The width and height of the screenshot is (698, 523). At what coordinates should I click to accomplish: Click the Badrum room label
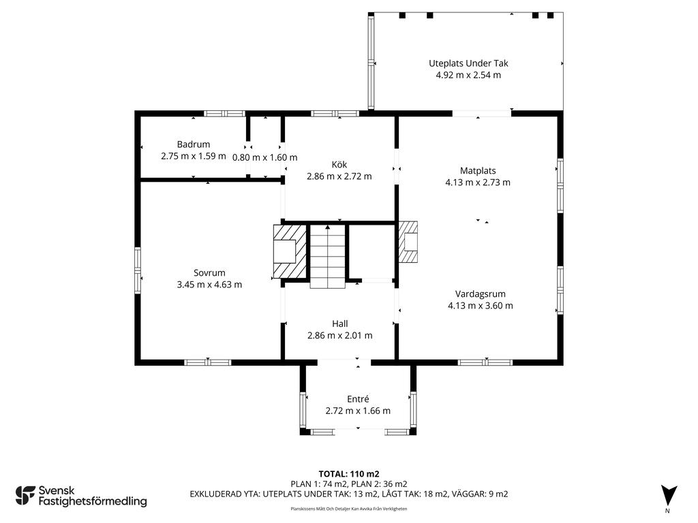(x=193, y=144)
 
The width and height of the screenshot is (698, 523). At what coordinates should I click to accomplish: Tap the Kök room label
(x=339, y=165)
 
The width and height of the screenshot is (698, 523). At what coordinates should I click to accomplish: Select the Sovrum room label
(x=209, y=273)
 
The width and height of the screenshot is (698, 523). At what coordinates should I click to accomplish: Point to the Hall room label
(x=339, y=323)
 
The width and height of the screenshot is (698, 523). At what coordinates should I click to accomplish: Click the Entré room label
(x=358, y=399)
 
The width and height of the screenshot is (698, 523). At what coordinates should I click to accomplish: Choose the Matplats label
(x=478, y=171)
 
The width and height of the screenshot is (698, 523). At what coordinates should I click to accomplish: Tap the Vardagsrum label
(x=480, y=294)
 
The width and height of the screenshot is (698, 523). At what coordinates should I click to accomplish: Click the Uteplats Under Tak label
(x=468, y=63)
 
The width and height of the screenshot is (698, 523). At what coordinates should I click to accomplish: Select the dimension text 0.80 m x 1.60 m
(x=265, y=157)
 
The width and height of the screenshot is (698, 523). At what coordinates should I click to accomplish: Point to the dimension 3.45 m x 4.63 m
(x=209, y=285)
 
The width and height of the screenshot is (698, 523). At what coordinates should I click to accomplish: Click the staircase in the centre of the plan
(x=328, y=257)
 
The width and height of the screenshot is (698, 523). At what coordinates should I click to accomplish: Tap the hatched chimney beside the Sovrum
(x=290, y=251)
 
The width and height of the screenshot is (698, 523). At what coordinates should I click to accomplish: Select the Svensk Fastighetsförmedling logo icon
(x=25, y=496)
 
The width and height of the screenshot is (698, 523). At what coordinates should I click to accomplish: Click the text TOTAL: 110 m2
(x=349, y=474)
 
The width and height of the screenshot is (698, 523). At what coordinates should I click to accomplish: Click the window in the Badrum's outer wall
(x=224, y=114)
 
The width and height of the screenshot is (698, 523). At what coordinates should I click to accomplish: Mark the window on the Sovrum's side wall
(x=138, y=270)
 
